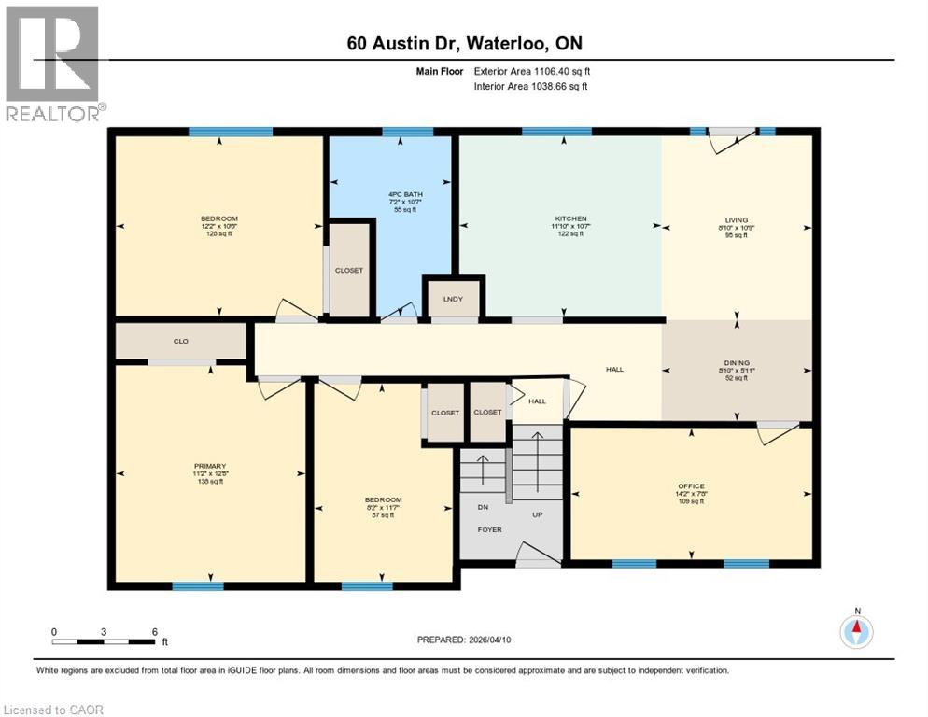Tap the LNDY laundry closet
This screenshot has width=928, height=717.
[x=453, y=299]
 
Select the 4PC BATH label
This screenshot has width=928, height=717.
[x=399, y=194]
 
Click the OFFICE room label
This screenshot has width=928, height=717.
[x=691, y=486]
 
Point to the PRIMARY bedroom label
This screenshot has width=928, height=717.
[x=211, y=466]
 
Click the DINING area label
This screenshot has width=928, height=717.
[x=736, y=363]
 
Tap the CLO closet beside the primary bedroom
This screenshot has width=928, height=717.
[x=181, y=342]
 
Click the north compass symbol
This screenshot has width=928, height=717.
[x=856, y=631]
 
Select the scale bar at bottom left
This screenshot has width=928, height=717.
[x=104, y=641]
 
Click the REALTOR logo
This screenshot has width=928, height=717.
[x=52, y=63]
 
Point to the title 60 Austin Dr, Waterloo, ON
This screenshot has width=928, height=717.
[x=464, y=44]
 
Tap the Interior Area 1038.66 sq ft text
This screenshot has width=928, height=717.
[x=532, y=87]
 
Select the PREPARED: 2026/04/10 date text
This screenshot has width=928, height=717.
[x=464, y=640]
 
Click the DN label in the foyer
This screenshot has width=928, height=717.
[x=483, y=508]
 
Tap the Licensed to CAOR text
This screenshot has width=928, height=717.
[x=53, y=710]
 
